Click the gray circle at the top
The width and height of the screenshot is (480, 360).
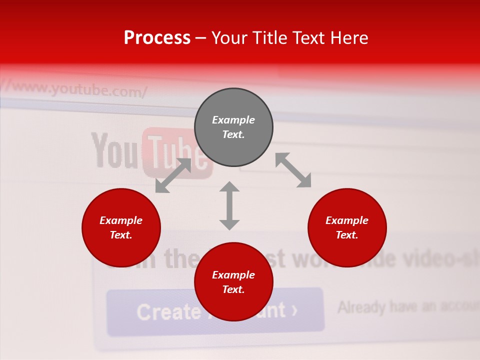click(233, 127)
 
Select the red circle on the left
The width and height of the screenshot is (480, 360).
click(121, 227)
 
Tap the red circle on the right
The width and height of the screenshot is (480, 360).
click(347, 227)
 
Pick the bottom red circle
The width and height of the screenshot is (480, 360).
click(233, 282)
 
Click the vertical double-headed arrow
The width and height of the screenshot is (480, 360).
click(229, 205)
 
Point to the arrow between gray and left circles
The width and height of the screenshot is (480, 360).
click(173, 175)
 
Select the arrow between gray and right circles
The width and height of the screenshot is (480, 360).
click(293, 170)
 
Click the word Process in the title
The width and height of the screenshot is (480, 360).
click(157, 37)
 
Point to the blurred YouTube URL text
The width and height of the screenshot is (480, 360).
click(75, 90)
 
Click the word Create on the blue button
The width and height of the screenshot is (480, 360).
click(168, 312)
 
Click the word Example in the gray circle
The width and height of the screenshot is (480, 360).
click(233, 120)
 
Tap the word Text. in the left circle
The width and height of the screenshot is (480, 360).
click(121, 235)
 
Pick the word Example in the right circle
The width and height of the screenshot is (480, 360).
click(347, 220)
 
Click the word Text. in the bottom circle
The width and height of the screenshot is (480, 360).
click(233, 289)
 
